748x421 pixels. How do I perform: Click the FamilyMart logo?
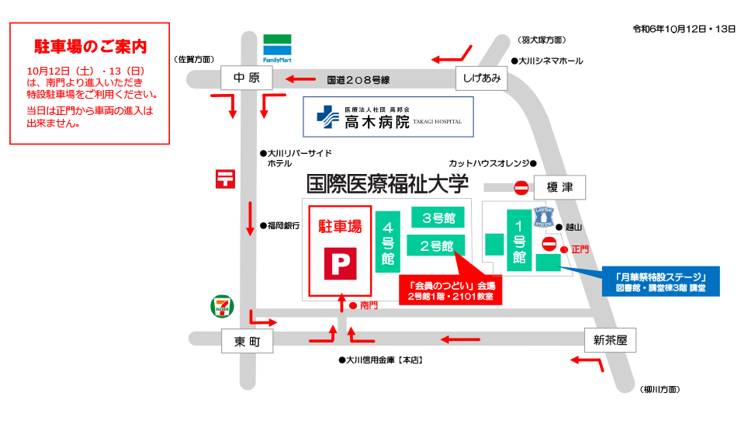276,48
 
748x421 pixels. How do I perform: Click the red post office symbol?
225,179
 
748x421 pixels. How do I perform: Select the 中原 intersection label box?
245,78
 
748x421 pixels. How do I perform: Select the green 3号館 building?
438,217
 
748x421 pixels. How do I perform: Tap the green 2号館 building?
436,245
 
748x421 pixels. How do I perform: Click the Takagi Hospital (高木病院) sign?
388,118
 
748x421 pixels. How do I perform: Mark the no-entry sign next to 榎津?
521,187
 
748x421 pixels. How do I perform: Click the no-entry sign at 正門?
549,245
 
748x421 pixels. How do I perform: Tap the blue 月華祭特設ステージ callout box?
662,281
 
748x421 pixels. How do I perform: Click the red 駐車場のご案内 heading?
90,47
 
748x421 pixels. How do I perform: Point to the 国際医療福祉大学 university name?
387,184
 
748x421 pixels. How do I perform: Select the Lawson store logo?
545,217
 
